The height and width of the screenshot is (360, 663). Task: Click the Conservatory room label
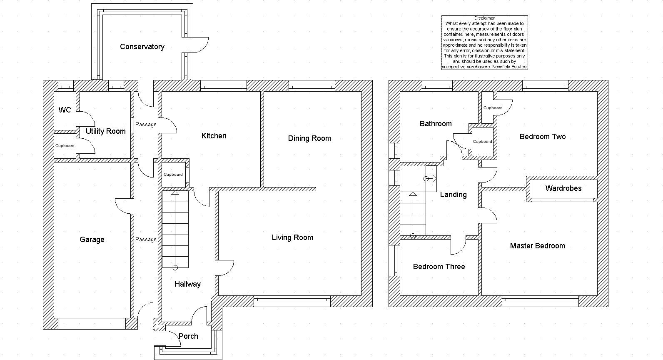142,47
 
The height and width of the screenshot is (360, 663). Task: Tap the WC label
65,110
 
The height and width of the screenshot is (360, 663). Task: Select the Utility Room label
106,131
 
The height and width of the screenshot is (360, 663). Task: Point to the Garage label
92,240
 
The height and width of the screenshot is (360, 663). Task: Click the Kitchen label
214,136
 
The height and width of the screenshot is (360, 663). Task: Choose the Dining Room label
309,138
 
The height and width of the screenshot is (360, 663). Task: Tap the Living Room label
292,237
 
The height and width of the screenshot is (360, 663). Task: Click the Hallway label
187,284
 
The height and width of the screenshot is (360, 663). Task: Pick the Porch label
188,336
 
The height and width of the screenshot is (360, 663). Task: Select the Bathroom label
436,124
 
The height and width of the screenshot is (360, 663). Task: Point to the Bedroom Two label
543,137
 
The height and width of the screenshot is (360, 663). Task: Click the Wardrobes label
563,188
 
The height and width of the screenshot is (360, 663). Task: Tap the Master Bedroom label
537,246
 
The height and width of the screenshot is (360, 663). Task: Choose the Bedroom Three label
439,267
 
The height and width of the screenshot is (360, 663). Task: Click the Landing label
453,195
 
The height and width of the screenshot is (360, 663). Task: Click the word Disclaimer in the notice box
484,18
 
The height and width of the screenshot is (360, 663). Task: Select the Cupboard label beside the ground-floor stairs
173,174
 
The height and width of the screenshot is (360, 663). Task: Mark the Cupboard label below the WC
65,146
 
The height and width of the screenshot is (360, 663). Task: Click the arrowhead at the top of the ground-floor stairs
175,192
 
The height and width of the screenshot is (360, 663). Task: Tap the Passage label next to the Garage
146,240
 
